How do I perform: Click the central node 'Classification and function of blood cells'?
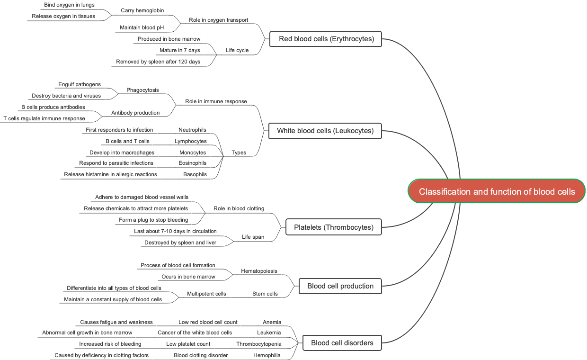pos(497,191)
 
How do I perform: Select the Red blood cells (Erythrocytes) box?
pos(326,39)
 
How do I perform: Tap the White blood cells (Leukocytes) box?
pos(325,131)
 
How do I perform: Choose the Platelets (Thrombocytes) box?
pos(333,227)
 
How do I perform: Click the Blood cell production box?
pos(340,286)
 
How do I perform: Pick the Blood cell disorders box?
pos(342,343)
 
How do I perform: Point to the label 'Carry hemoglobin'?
pos(142,10)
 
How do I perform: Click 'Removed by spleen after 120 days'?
pos(158,62)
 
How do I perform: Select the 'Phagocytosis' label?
pos(142,90)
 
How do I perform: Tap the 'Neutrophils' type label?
pos(192,130)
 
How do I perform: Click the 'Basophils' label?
pos(195,174)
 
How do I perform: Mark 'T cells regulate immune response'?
pos(44,118)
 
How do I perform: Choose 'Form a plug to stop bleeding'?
pos(153,220)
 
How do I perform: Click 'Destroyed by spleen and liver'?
pos(180,243)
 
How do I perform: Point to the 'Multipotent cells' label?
pos(206,294)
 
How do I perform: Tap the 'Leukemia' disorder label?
pos(269,333)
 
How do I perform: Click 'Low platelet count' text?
pos(188,344)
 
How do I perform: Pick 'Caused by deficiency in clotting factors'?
pos(101,355)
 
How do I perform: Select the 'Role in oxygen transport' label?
pos(218,20)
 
